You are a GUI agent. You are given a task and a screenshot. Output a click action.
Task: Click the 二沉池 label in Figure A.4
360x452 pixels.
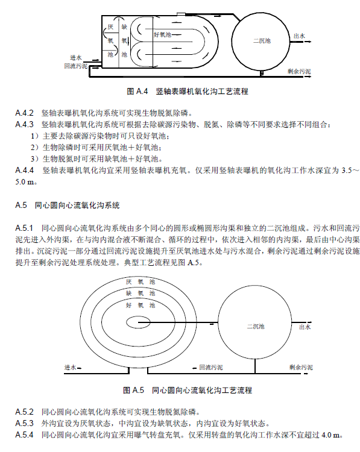point(262,41)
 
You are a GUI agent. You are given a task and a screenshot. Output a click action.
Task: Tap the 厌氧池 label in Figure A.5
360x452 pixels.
point(140,282)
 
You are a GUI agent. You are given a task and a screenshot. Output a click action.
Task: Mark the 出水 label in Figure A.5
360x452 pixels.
point(305,327)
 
